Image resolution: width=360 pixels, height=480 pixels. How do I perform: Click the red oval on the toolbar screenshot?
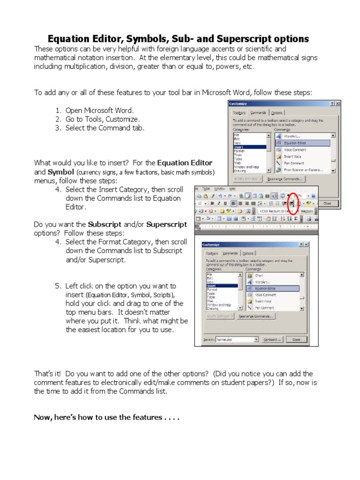point(293,203)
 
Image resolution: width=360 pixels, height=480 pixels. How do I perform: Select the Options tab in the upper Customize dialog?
point(277,112)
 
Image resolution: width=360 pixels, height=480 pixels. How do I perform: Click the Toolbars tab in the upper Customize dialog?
point(239,112)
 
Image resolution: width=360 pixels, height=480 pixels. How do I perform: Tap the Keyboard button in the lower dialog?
point(275,339)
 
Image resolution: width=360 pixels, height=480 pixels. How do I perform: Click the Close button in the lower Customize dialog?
point(296,339)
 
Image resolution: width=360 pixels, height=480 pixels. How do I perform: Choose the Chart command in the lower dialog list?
point(259,276)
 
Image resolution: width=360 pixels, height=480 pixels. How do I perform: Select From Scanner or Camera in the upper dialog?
point(302,170)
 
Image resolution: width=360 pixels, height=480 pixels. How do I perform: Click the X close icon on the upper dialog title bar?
point(338,104)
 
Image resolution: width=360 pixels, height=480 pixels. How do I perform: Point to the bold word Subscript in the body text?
point(105,225)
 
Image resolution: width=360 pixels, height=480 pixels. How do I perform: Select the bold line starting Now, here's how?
point(107,417)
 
